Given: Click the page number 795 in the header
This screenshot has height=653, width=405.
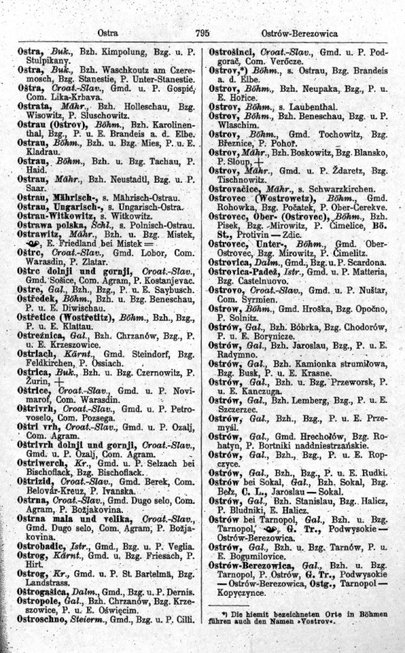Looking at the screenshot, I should coord(202,33).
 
